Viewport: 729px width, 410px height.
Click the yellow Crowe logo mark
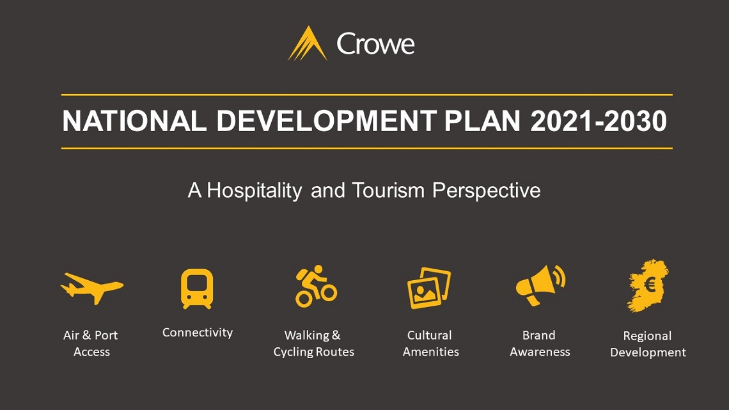[308, 43]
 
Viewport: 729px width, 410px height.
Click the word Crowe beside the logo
[375, 44]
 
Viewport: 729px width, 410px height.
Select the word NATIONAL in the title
[134, 121]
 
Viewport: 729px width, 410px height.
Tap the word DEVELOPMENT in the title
[326, 121]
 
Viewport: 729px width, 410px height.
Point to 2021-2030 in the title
[599, 121]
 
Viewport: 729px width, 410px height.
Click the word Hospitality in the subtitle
[255, 191]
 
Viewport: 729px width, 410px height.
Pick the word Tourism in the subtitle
[388, 191]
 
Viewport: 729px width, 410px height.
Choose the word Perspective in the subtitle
[486, 191]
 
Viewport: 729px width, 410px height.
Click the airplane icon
[92, 288]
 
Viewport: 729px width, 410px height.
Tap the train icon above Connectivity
[197, 288]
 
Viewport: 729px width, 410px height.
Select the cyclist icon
[316, 287]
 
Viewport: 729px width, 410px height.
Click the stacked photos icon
[429, 288]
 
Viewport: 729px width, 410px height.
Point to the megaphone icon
[540, 285]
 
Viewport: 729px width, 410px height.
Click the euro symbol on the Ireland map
[650, 284]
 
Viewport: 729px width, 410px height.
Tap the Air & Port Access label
[91, 343]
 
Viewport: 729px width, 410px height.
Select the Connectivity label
[198, 333]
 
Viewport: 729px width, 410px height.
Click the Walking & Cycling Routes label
[314, 343]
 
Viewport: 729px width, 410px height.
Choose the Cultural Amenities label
[430, 343]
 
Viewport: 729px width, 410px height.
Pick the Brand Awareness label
[540, 343]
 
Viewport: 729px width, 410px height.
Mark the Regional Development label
[648, 344]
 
